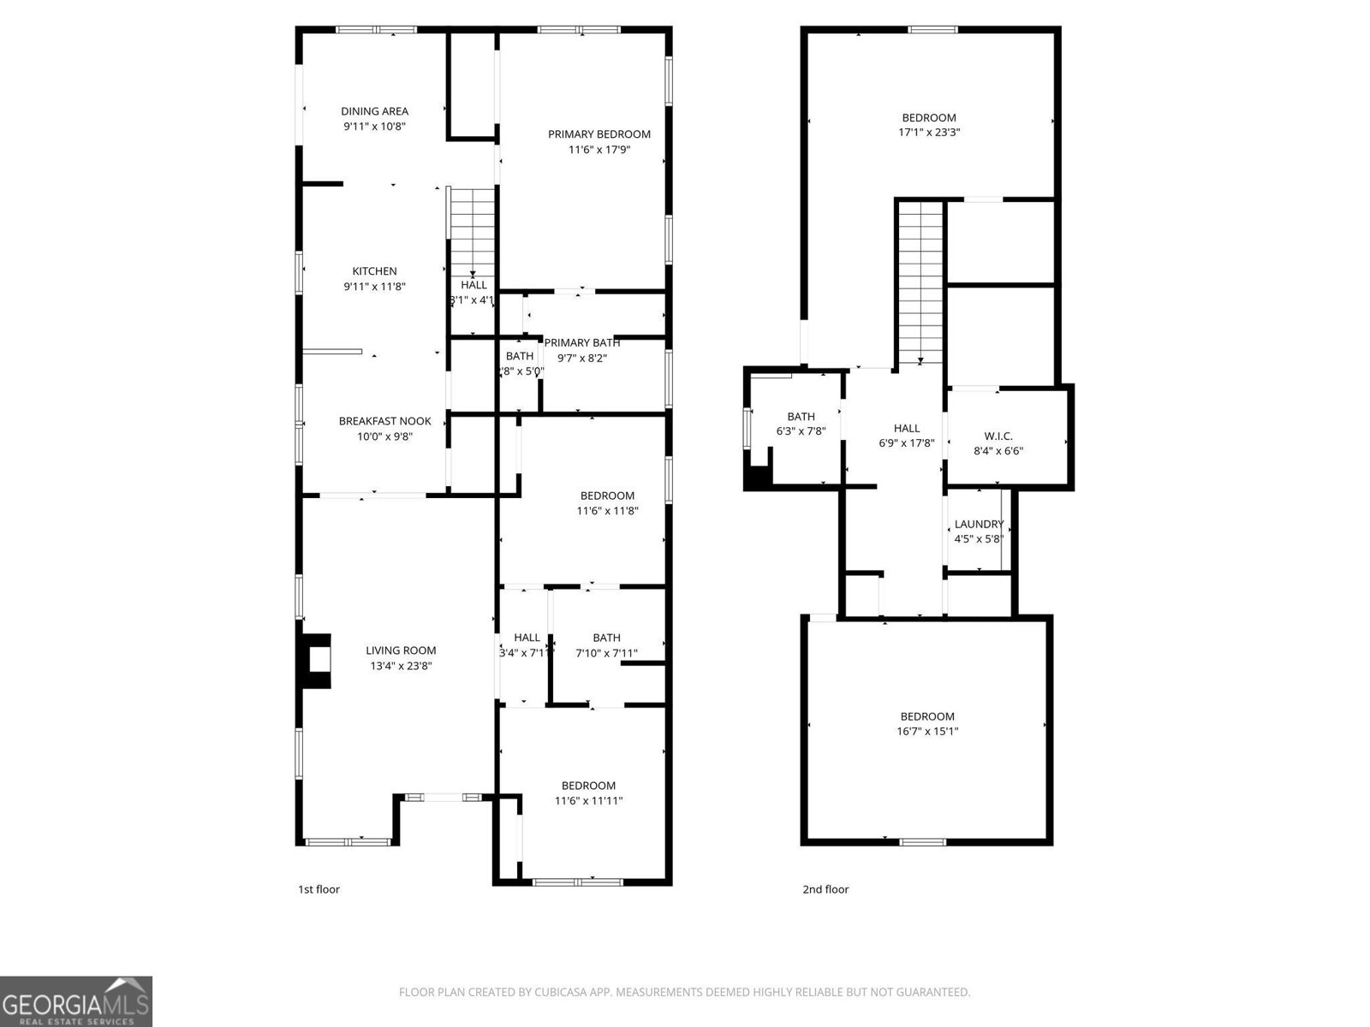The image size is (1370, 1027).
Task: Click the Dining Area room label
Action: coord(374,111)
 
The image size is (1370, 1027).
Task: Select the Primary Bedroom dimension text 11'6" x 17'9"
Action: coord(599,150)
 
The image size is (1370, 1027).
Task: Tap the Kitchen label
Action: coord(374,271)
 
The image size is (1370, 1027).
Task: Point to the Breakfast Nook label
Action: coord(384,421)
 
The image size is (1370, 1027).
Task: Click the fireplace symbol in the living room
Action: coord(317,660)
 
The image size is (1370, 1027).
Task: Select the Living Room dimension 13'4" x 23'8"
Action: coord(401,666)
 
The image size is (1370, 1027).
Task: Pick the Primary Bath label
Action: coord(582,343)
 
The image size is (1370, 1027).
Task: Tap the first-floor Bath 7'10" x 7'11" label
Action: coord(606,638)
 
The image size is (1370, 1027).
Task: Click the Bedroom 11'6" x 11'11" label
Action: coord(588,786)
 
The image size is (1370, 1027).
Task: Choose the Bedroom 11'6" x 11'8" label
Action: coord(607,496)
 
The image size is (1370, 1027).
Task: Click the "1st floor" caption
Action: coord(319,889)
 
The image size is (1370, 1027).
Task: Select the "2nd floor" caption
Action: coord(825,889)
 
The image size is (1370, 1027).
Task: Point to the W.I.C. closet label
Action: coord(998,436)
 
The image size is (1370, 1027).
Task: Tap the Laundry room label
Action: coord(979,525)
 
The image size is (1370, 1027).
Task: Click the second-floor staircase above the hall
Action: coord(920,282)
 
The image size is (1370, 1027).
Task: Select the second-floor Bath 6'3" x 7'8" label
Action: coord(801,417)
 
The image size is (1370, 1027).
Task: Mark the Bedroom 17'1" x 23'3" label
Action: coord(928,118)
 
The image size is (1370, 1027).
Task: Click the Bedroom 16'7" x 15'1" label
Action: coord(927,716)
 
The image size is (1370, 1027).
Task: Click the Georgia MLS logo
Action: coord(76,1001)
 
